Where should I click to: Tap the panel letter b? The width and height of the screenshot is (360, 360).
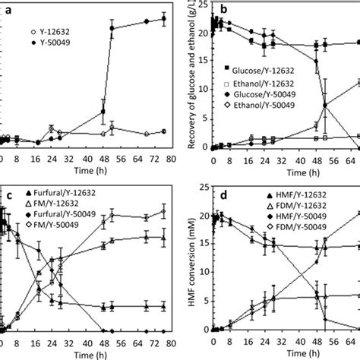[x=224, y=9]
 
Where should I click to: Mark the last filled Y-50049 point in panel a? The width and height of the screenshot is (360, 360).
[x=163, y=19]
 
